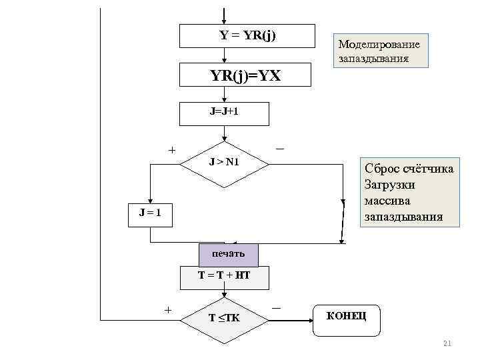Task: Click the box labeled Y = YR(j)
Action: coord(247,36)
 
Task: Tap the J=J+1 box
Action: coord(224,113)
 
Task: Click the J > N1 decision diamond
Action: coord(225,161)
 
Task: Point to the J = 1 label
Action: coord(150,213)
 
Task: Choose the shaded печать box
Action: coord(228,254)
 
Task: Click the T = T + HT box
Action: coord(224,275)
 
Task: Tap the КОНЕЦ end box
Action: coord(346,315)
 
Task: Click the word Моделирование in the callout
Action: coord(379,45)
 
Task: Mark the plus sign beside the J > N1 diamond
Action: coord(172,151)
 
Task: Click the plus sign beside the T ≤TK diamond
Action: coord(168,309)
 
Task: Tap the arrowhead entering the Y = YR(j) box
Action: coord(224,20)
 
